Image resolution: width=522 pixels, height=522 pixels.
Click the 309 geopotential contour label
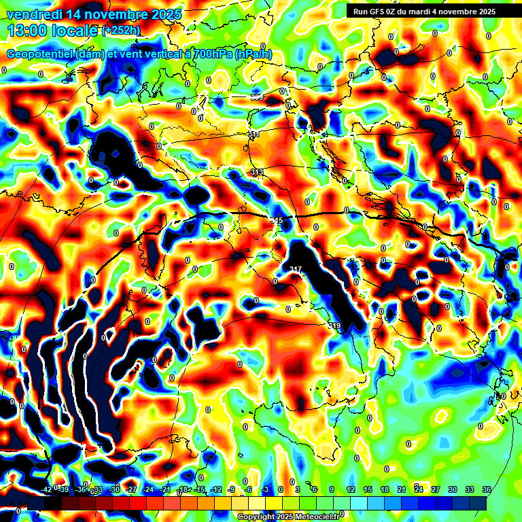click(257, 97)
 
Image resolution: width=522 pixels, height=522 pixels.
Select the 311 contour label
click(254, 135)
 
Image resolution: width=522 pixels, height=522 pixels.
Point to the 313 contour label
click(257, 173)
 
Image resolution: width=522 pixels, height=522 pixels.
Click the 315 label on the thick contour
click(276, 221)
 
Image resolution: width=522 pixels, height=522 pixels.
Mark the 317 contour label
click(295, 270)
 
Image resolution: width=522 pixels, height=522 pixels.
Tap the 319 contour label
click(334, 326)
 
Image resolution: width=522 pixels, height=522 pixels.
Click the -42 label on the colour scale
click(46, 489)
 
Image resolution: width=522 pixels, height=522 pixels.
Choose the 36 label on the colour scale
click(486, 489)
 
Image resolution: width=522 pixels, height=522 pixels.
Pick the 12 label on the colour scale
click(351, 489)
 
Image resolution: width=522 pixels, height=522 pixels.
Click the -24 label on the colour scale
click(148, 489)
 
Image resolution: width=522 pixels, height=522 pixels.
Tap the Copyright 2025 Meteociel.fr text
click(288, 517)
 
